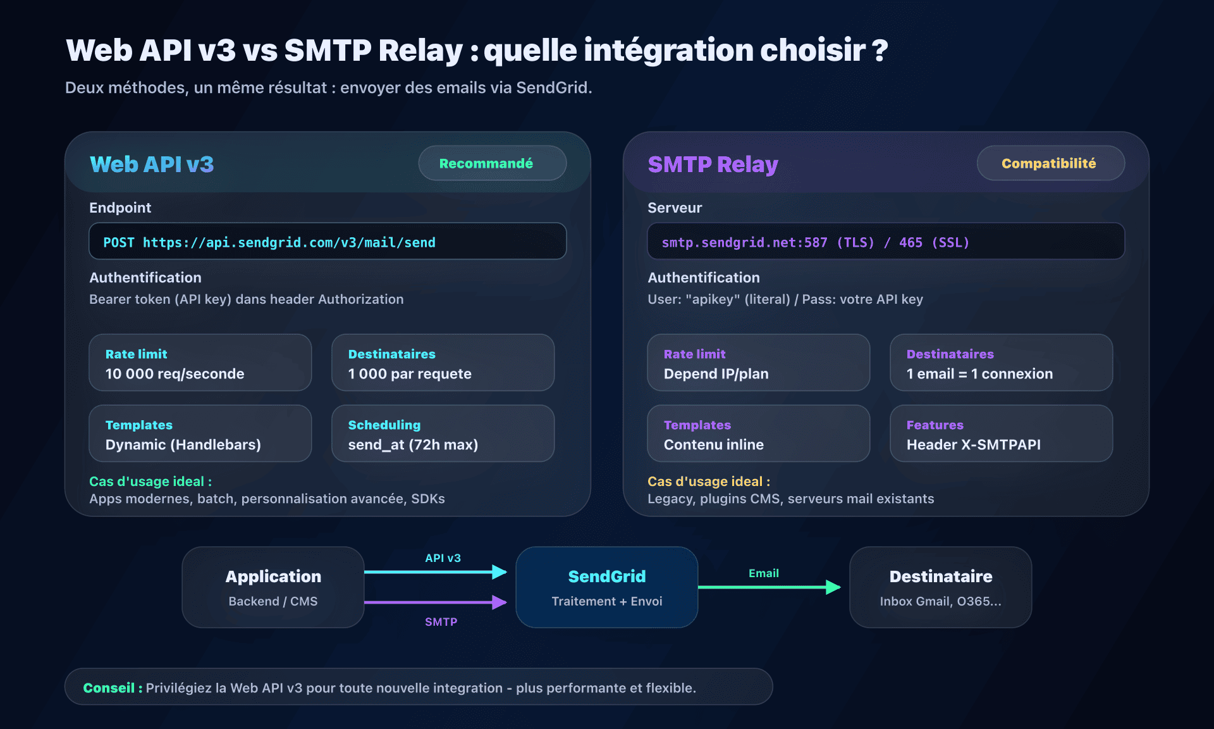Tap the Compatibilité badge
pyautogui.click(x=1050, y=163)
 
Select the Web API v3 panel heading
pyautogui.click(x=152, y=165)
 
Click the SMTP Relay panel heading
pyautogui.click(x=713, y=165)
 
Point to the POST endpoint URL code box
pyautogui.click(x=328, y=242)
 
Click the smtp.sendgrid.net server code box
pyautogui.click(x=885, y=242)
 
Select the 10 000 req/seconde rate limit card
pyautogui.click(x=200, y=363)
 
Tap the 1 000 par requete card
pyautogui.click(x=443, y=363)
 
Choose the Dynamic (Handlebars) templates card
pyautogui.click(x=200, y=434)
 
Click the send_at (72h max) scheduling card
pyautogui.click(x=443, y=434)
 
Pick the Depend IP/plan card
pyautogui.click(x=758, y=363)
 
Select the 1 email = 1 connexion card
pyautogui.click(x=1001, y=363)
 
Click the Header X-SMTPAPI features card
pyautogui.click(x=1001, y=434)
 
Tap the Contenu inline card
pyautogui.click(x=758, y=434)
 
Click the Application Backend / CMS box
pyautogui.click(x=273, y=587)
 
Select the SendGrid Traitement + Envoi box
pyautogui.click(x=607, y=587)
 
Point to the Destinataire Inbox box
pyautogui.click(x=940, y=587)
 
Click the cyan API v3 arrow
pyautogui.click(x=436, y=572)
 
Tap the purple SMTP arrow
pyautogui.click(x=436, y=602)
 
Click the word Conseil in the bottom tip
pyautogui.click(x=109, y=688)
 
